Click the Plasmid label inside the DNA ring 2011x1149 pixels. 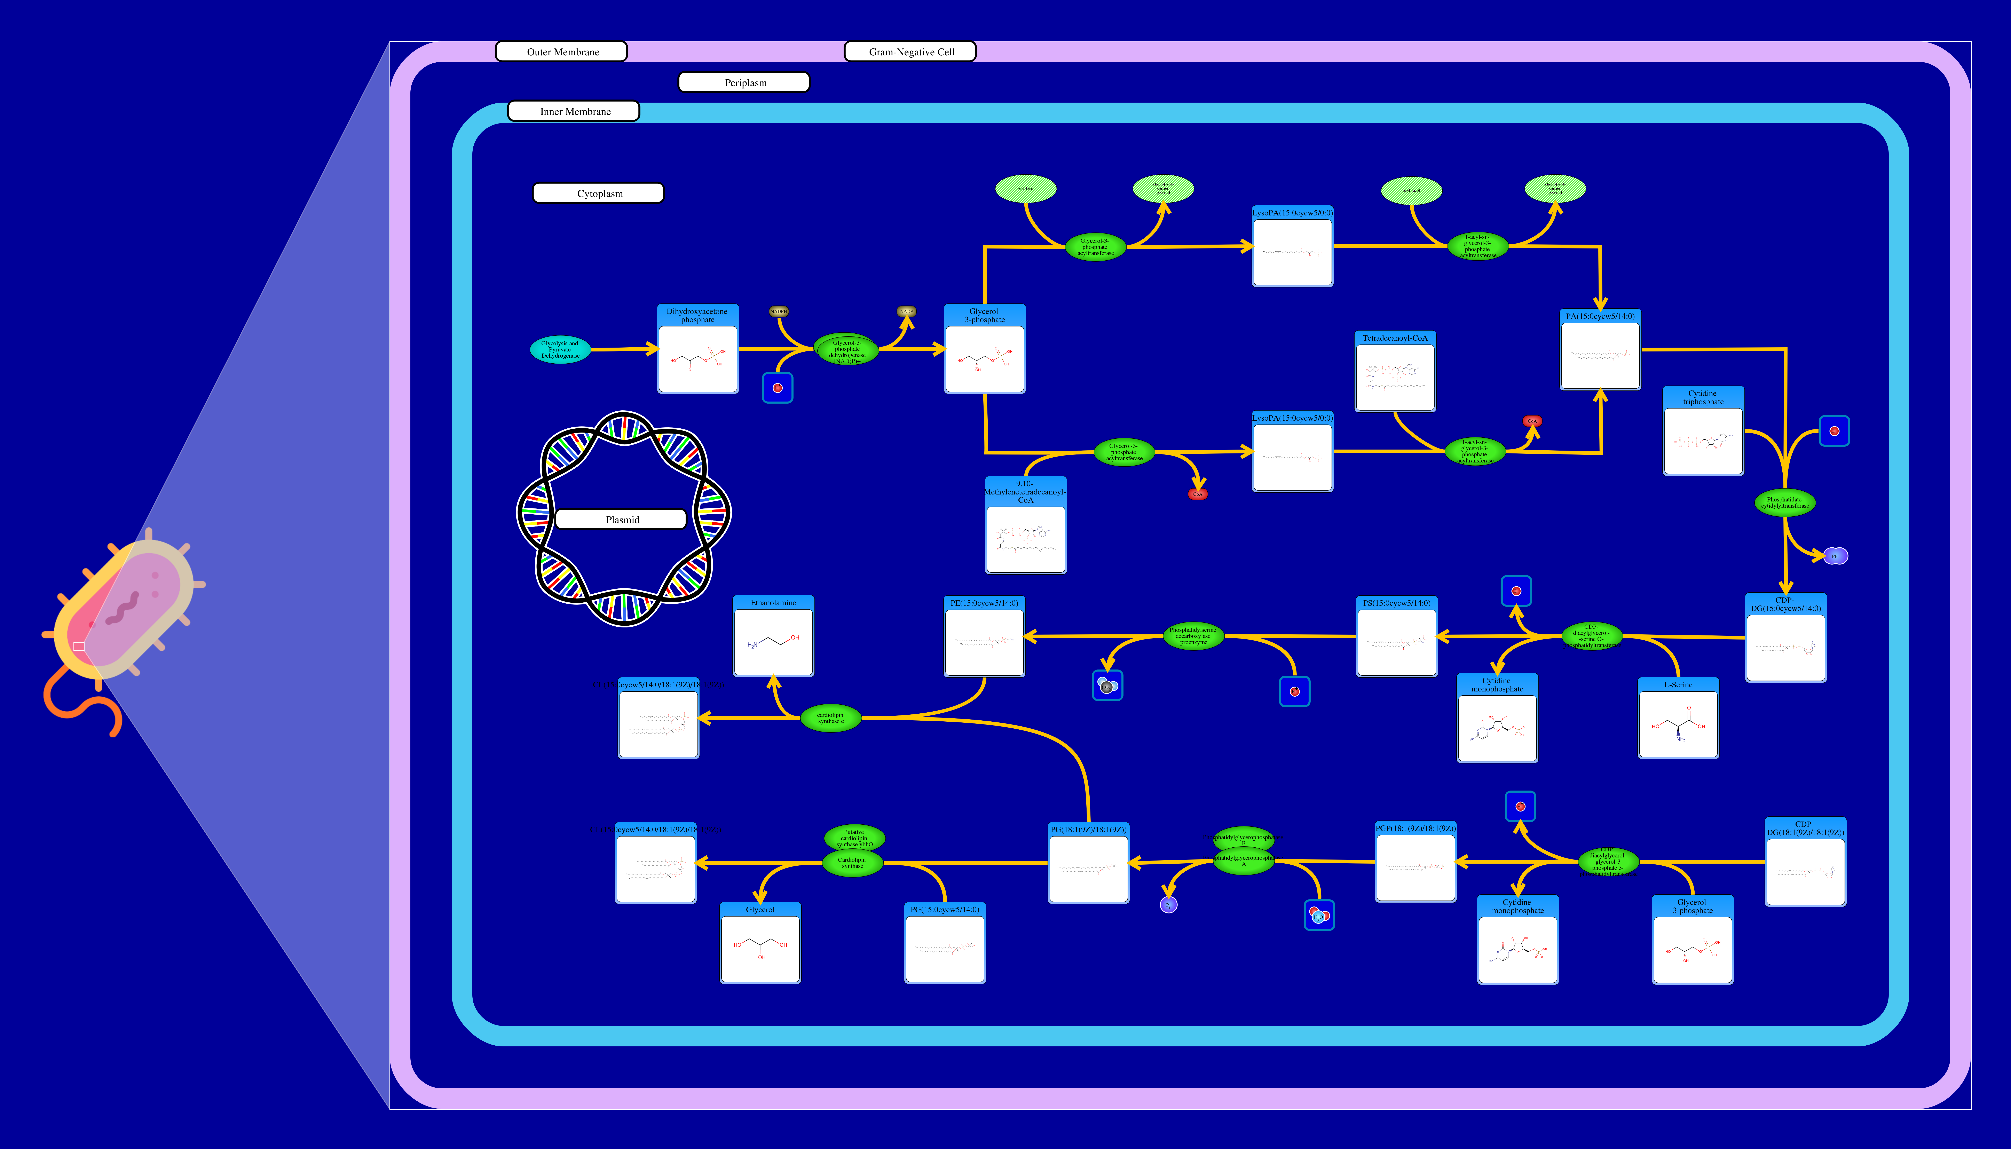click(x=621, y=519)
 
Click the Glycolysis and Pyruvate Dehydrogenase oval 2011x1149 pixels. click(x=560, y=350)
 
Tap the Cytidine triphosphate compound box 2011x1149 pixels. click(x=1702, y=431)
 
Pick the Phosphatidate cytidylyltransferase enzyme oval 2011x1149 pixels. click(x=1784, y=503)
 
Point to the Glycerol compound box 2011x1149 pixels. click(x=760, y=943)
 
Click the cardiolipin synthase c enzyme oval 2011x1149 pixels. click(x=830, y=718)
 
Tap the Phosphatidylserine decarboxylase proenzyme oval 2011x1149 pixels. click(x=1193, y=636)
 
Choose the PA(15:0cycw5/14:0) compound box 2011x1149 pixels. click(x=1600, y=350)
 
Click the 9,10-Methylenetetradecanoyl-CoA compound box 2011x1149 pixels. click(x=1025, y=526)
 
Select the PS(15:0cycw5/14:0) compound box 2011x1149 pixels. click(x=1396, y=636)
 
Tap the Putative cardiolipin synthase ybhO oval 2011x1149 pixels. click(x=854, y=837)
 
